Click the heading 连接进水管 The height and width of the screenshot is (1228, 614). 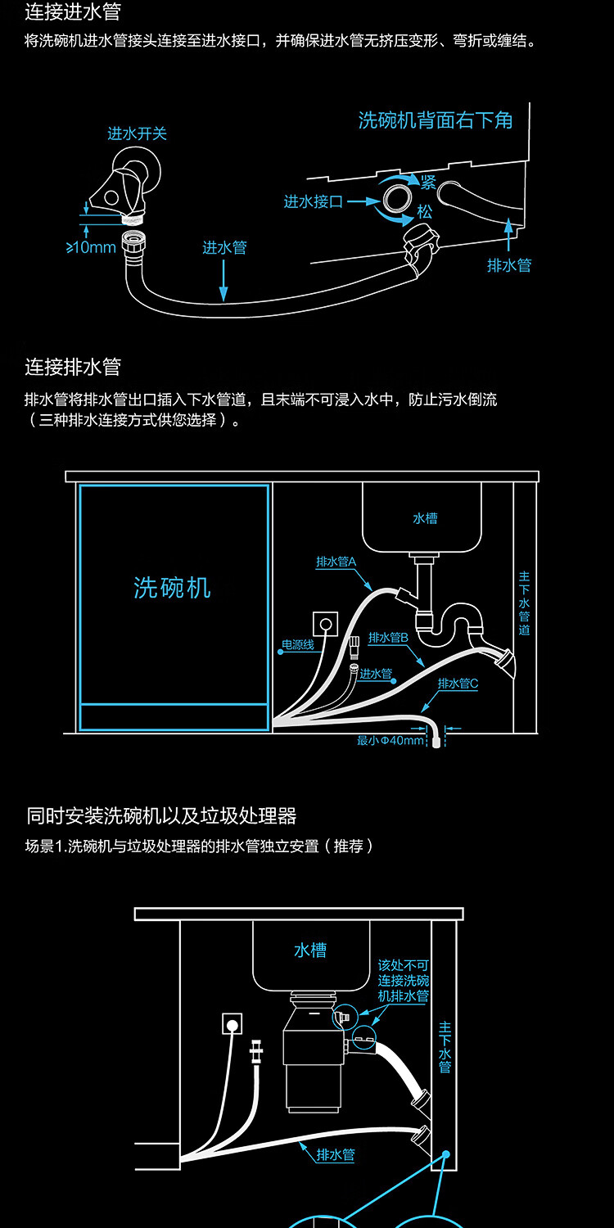coord(73,12)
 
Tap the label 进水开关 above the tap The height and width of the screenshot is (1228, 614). coord(137,133)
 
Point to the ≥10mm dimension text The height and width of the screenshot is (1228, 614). coord(91,247)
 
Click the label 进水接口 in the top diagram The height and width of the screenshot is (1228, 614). coord(313,201)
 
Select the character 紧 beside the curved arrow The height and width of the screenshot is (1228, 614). coord(428,182)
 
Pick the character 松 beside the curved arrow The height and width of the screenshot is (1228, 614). coord(424,212)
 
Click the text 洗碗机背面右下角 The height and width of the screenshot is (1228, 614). coord(436,121)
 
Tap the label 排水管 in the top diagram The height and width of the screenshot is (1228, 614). coord(509,265)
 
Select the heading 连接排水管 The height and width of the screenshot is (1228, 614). coord(73,366)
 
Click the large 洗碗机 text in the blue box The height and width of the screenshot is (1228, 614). coord(172,587)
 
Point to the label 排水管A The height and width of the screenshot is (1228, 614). coord(336,562)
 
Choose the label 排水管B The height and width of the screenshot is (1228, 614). coord(388,637)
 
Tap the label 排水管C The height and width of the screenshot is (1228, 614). coord(458,684)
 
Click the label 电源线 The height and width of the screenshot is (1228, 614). coord(298,644)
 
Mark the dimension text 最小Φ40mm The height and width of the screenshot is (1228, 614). coord(391,741)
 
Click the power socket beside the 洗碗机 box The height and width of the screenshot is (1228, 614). coord(327,625)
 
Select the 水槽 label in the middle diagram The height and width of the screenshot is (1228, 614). coord(425,518)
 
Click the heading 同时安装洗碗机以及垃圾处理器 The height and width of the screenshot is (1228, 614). coord(161,815)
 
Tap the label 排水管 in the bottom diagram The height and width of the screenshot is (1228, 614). coord(336,1154)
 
